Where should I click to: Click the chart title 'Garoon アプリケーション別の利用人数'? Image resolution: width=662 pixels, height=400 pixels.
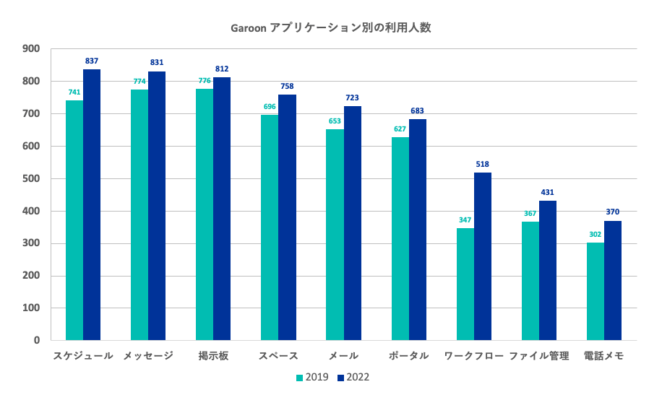coord(331,28)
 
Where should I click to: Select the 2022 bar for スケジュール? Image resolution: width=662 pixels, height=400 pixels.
coord(92,204)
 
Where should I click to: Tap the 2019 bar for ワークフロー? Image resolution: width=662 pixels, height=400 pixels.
coord(465,284)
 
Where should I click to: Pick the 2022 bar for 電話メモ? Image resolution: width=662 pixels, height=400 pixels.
coord(613,280)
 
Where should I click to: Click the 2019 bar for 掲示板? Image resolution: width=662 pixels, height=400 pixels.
coord(205,214)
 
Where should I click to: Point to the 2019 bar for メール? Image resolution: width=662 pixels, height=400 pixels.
coord(335,235)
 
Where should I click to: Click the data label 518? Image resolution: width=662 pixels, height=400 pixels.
coord(483,165)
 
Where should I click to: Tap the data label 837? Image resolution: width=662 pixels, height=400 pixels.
coord(92,61)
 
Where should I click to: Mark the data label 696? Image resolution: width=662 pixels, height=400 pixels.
coord(270,107)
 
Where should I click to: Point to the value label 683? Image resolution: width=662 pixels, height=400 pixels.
coord(418,111)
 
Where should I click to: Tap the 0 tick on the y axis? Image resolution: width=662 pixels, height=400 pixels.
coord(36,340)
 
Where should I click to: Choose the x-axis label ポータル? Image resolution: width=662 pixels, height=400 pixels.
coord(409,356)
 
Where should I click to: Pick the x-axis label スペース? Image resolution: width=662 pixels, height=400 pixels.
coord(278,356)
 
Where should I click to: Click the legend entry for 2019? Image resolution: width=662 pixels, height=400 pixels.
coord(312,377)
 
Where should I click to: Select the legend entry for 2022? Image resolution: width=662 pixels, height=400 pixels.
coord(353,377)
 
